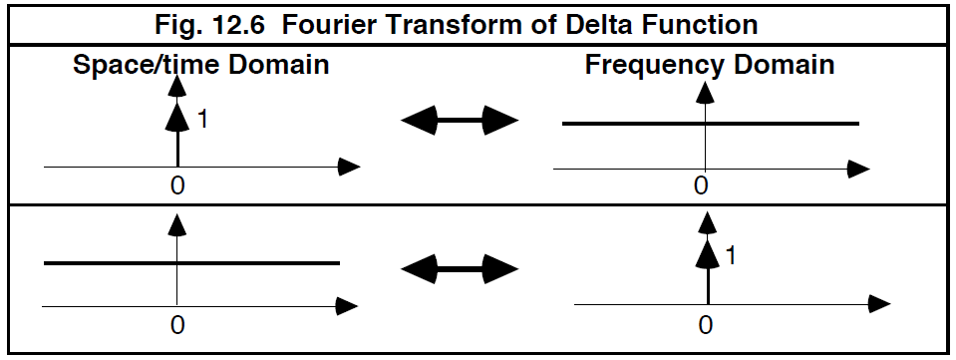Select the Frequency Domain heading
coord(709,67)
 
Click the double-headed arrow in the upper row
coord(460,121)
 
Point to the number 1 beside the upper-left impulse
coord(202,120)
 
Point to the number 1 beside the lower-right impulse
coord(732,255)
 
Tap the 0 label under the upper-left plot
coord(177,185)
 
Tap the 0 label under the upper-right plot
coord(702,186)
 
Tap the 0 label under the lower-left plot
coord(176,323)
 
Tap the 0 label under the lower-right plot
coord(706,323)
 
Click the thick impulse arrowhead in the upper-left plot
coord(176,118)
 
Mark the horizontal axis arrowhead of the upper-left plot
coord(348,167)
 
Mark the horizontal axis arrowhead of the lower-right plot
coord(878,302)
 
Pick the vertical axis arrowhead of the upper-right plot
coord(706,92)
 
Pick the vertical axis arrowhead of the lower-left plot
coord(176,227)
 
